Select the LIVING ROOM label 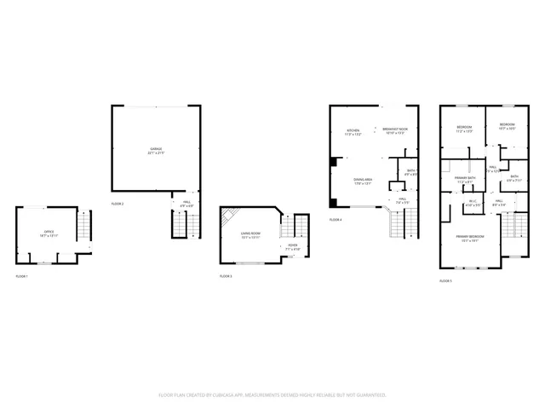250,234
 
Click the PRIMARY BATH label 465,180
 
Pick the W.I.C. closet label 473,203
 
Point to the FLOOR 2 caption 118,204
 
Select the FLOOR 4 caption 336,220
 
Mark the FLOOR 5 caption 445,280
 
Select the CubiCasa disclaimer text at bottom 272,395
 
